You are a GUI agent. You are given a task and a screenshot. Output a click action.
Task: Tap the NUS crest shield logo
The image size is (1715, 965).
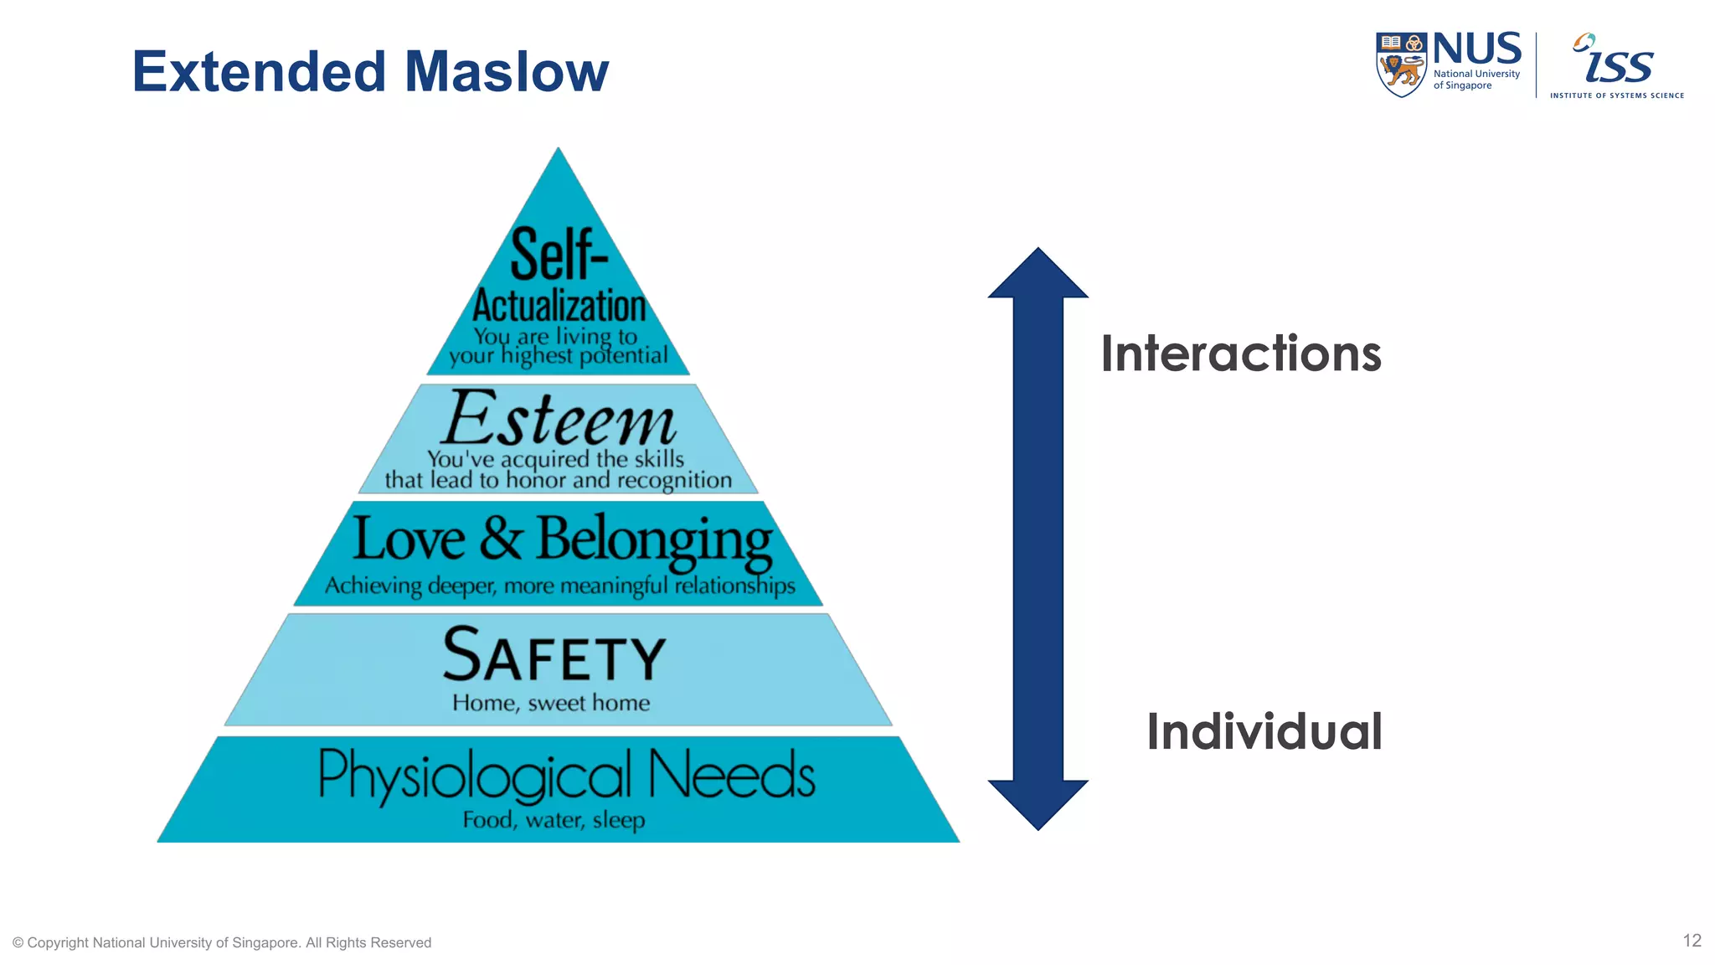(1400, 65)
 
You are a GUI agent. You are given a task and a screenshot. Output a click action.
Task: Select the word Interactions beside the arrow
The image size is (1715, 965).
(1240, 353)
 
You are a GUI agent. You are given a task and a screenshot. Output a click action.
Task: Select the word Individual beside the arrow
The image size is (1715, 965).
(1264, 731)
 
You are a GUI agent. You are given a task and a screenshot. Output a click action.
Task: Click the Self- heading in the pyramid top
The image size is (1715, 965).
(559, 255)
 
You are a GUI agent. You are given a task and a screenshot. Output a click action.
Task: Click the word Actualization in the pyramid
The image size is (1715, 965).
(559, 306)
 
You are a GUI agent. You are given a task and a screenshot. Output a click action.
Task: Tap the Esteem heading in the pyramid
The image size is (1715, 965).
(559, 419)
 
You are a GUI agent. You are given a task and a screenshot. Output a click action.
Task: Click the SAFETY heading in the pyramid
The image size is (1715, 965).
(554, 656)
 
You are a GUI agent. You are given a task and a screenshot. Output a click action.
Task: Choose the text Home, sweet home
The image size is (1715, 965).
(551, 703)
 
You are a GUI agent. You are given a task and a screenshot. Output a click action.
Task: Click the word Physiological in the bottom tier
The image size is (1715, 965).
(474, 775)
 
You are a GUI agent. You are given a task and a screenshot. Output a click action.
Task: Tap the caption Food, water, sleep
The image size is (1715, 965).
(554, 819)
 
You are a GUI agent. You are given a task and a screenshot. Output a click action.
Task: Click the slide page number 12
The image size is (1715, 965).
(1692, 941)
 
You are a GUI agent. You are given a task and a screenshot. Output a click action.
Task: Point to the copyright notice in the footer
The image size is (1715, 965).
(222, 942)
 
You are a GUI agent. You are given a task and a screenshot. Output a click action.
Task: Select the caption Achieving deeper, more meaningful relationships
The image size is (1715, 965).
(559, 586)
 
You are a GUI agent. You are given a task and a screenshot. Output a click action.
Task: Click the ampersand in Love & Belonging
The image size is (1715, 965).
(501, 539)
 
